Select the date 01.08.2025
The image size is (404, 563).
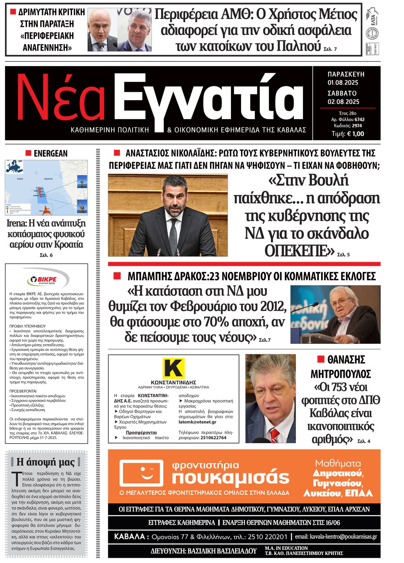(x=343, y=82)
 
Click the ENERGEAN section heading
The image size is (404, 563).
(x=50, y=154)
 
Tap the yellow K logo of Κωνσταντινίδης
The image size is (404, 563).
(x=173, y=368)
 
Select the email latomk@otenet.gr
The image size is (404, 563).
(x=197, y=422)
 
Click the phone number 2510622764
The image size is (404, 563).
(x=213, y=438)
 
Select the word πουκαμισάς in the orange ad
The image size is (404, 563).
(x=231, y=478)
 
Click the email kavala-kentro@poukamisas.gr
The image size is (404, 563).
(x=343, y=536)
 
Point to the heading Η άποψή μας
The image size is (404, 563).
(x=45, y=462)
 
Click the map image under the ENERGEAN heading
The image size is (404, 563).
(x=46, y=187)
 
